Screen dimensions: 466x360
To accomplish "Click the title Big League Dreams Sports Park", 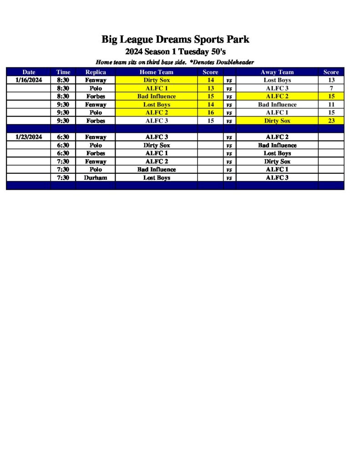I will pos(175,40).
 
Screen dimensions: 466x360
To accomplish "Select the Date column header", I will pos(29,72).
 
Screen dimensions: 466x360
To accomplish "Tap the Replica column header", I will pos(96,72).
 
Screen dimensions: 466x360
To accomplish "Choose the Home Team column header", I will pos(156,72).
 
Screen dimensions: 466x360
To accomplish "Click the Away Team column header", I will pos(277,72).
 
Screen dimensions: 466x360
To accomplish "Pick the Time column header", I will pos(63,72).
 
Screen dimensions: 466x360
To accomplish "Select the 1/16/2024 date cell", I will pos(29,80).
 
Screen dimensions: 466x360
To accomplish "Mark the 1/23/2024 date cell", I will pos(29,137).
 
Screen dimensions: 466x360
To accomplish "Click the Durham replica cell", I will pos(96,177).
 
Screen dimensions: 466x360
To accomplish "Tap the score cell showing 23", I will pos(331,121).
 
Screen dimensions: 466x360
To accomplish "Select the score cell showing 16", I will pos(210,113).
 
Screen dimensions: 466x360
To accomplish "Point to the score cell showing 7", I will pos(331,88).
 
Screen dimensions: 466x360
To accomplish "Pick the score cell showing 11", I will pos(331,105).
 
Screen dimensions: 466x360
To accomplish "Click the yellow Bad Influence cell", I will pos(156,96).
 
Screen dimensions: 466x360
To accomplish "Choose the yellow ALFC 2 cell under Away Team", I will pos(277,96).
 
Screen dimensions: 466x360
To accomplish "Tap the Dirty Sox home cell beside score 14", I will pos(156,80).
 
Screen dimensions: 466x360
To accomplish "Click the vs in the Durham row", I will pos(229,178).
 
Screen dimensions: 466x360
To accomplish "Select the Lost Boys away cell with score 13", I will pos(277,80).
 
